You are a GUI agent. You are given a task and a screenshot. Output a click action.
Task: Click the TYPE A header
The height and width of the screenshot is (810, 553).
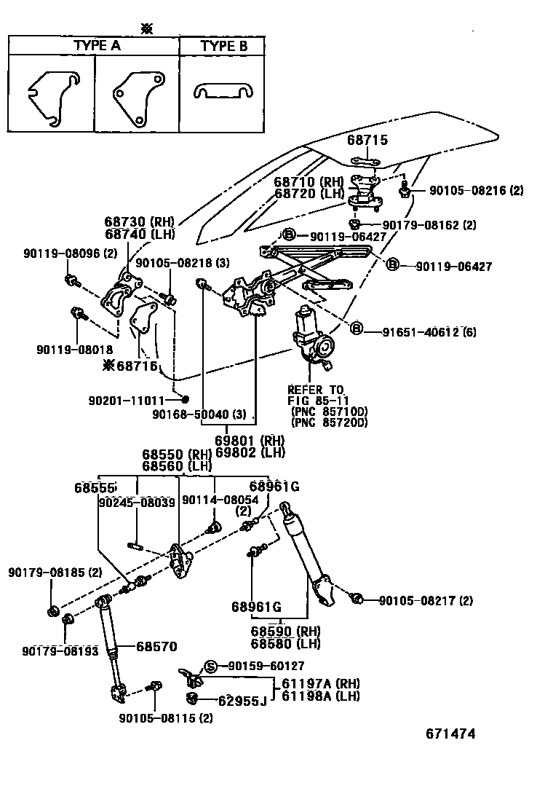97,46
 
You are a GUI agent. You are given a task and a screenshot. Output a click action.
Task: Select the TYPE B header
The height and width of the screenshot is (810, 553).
223,46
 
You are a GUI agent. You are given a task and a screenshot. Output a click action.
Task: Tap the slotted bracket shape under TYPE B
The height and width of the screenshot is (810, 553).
222,90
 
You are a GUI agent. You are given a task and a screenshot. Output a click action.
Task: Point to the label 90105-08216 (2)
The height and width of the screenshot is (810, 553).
476,191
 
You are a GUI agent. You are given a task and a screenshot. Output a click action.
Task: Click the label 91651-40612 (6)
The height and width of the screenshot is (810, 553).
431,332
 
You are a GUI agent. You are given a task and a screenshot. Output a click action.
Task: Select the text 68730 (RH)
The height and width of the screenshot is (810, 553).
138,221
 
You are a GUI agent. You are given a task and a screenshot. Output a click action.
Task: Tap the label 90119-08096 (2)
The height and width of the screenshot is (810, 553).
70,253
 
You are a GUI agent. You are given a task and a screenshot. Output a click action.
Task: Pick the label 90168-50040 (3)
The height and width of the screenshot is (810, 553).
204,414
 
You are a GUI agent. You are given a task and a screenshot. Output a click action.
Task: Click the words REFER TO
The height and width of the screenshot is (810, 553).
316,390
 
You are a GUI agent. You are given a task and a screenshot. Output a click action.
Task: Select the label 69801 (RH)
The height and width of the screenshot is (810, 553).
249,440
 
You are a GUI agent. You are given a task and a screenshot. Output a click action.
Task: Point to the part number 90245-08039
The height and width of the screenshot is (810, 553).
137,502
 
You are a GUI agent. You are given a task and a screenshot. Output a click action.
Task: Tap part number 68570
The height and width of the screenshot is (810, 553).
157,646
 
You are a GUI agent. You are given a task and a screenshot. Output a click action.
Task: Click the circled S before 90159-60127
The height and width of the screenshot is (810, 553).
211,666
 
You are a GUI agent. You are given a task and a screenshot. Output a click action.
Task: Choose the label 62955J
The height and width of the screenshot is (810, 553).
242,701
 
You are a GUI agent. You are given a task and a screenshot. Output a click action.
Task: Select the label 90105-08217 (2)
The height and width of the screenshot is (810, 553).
426,601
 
